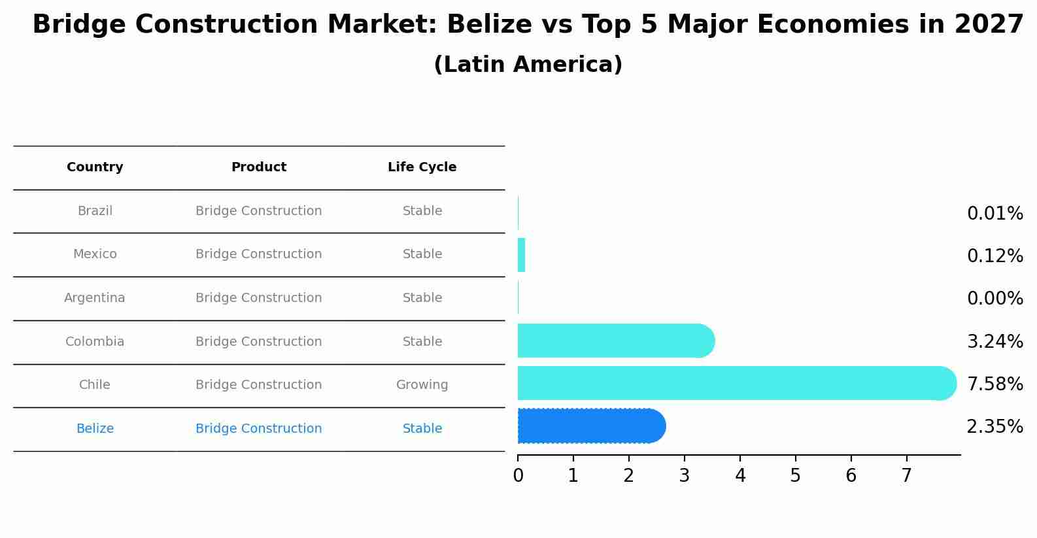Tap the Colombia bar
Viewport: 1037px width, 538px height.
pos(615,341)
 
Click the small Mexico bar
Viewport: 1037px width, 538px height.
pos(521,255)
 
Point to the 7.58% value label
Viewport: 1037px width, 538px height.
pos(994,384)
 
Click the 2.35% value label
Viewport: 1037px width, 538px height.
pos(994,427)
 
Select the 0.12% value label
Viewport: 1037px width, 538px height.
pos(994,256)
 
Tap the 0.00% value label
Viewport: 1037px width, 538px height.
pos(994,299)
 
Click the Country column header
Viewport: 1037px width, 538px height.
pos(95,167)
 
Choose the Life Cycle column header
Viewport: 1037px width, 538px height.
pos(422,167)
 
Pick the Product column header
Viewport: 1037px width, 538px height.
pos(258,167)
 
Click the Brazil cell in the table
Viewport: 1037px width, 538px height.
pos(95,211)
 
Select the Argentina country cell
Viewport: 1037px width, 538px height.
pos(95,298)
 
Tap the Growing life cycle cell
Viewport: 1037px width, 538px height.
pos(422,385)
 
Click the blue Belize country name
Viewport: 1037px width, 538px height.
pos(95,429)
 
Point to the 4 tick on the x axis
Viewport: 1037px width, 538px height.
pos(740,476)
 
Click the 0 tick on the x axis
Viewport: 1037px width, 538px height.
pos(518,476)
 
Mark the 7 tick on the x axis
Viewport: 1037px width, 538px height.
pos(906,476)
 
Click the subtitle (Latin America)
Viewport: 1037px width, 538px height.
pos(528,65)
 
